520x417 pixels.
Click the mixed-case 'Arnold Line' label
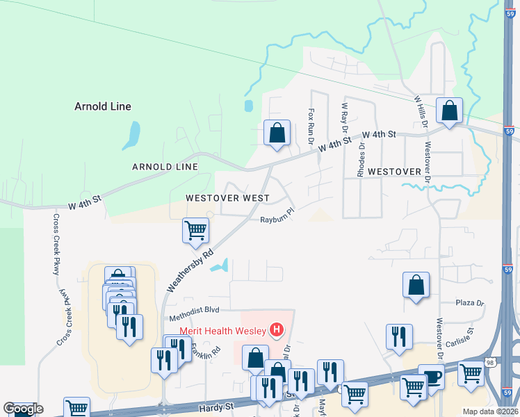point(103,106)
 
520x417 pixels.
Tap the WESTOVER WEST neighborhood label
point(227,198)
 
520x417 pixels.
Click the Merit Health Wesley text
point(224,329)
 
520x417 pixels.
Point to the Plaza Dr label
point(469,303)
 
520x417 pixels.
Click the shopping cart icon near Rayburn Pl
point(195,230)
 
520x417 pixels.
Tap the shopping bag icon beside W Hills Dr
point(450,111)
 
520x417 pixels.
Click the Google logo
point(23,409)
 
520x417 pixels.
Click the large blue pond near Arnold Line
point(131,136)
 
